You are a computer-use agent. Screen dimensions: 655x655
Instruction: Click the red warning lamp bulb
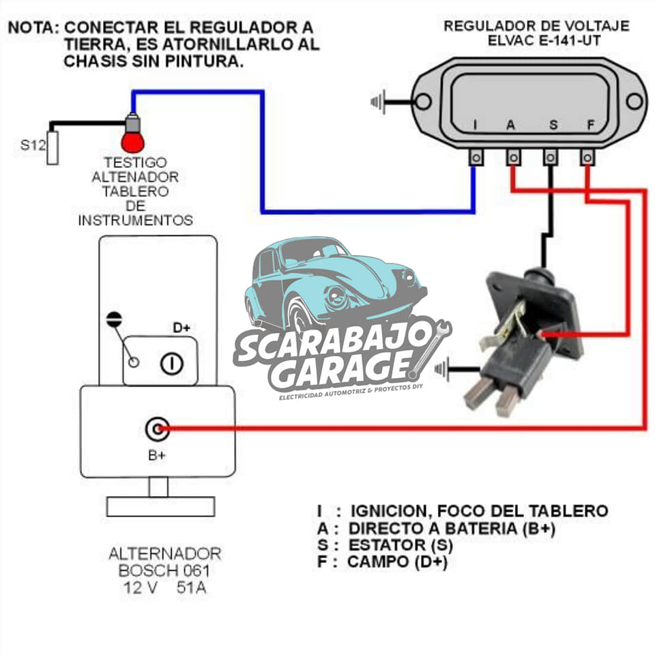[133, 141]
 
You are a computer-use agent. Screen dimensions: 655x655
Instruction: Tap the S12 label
[33, 145]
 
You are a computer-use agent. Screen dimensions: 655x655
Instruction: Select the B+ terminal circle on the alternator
[158, 429]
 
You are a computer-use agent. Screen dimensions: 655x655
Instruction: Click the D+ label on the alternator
[181, 327]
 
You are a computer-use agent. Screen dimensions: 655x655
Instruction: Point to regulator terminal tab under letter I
[476, 158]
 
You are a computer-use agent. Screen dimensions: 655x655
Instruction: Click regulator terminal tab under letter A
[513, 158]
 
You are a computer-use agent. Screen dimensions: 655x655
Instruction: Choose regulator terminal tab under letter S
[550, 158]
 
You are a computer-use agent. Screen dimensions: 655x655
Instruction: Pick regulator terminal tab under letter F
[587, 158]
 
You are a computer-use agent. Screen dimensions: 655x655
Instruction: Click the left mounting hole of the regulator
[423, 101]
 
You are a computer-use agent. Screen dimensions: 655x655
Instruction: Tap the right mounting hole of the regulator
[635, 101]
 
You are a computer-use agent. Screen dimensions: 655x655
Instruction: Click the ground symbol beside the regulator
[378, 102]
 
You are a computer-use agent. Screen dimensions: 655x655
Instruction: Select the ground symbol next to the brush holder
[442, 369]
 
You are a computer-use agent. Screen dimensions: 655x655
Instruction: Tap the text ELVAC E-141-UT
[544, 41]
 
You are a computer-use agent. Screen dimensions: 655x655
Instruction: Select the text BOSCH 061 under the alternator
[164, 570]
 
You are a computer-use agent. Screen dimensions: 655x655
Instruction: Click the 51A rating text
[191, 587]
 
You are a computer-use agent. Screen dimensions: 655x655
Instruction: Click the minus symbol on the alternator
[114, 319]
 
